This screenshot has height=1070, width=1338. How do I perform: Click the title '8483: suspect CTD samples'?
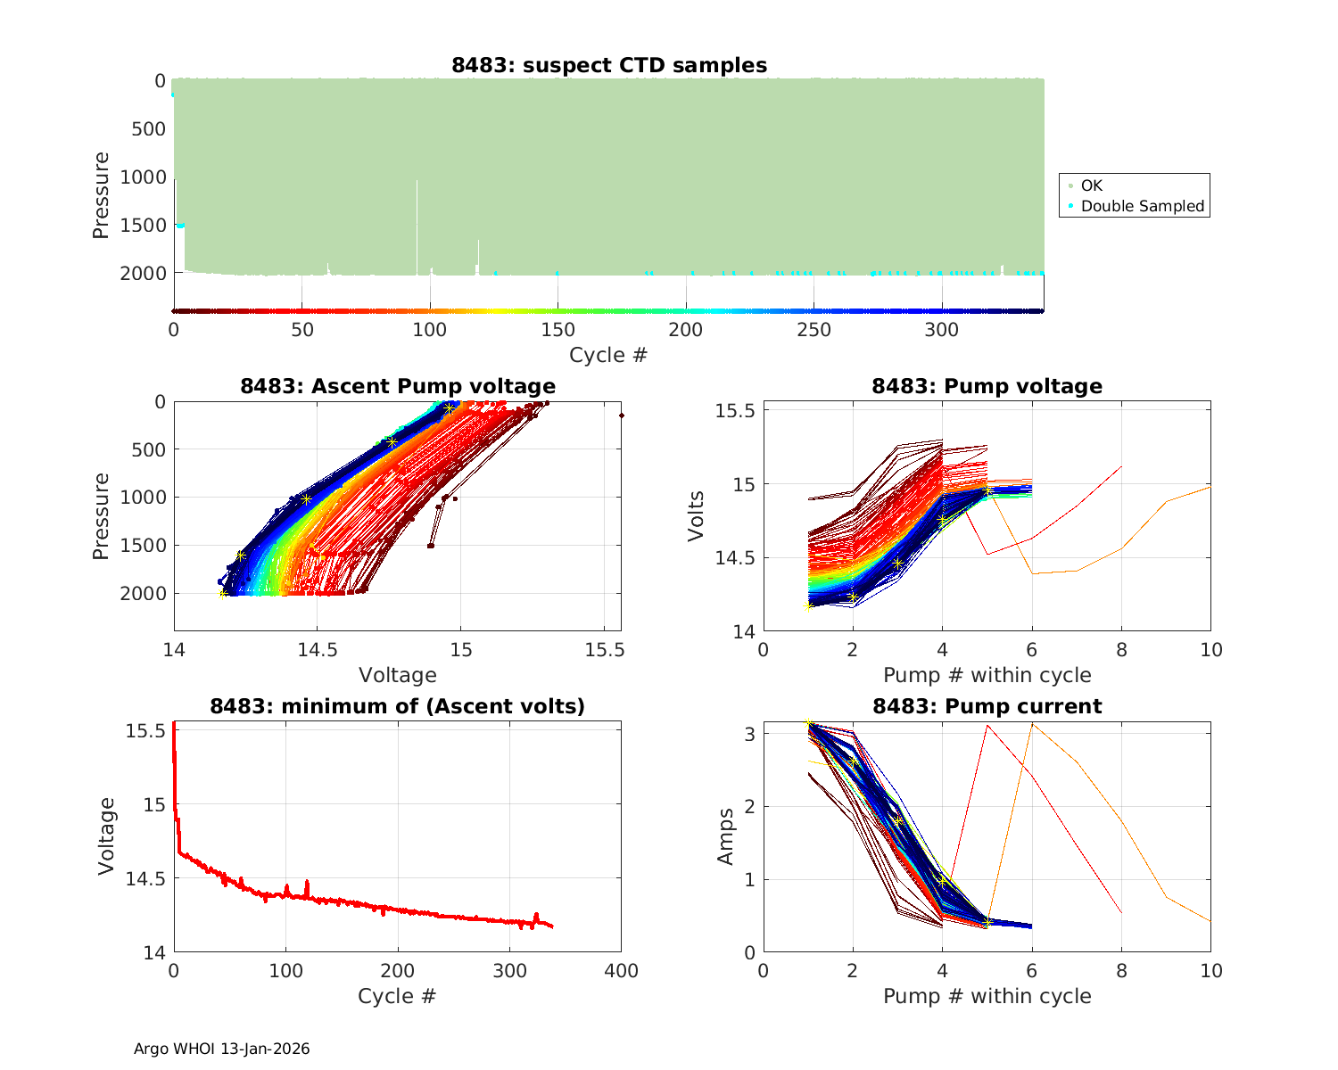click(609, 65)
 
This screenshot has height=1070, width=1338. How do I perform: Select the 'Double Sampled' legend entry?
click(1142, 206)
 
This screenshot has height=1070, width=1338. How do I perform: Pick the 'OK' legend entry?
click(1091, 185)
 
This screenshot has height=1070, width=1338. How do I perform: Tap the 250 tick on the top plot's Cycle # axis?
click(814, 330)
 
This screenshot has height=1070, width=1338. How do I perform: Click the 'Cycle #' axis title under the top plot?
click(608, 355)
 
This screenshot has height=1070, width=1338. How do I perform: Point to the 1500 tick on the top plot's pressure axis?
click(143, 226)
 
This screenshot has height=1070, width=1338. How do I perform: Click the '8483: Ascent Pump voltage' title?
click(398, 386)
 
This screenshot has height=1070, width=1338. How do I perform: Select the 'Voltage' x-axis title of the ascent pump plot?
click(398, 675)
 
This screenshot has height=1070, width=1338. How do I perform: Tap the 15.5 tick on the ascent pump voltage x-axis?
click(604, 650)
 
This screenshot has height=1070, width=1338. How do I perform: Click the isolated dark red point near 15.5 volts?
click(621, 416)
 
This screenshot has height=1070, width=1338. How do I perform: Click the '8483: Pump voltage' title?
click(987, 386)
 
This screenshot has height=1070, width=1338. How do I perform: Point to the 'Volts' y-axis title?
click(697, 516)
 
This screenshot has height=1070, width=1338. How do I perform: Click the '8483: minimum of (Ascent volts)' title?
click(398, 706)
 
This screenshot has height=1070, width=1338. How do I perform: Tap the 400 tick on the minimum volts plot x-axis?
click(621, 971)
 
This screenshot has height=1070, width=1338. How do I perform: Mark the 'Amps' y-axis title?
click(726, 836)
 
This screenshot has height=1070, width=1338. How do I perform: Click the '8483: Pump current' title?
click(987, 706)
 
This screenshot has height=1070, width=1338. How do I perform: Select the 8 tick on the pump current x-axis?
click(1121, 971)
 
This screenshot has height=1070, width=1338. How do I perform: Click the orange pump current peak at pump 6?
click(1032, 723)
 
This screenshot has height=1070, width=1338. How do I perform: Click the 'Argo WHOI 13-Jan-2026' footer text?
click(221, 1049)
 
